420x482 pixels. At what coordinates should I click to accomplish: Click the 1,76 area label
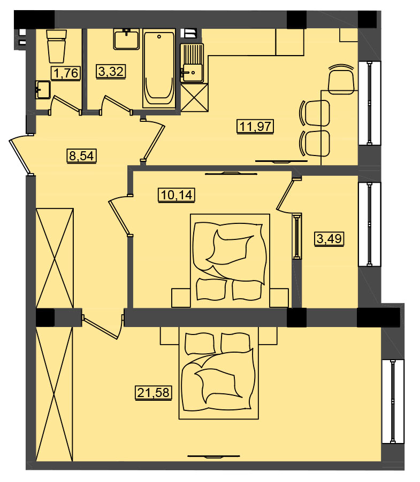(x=66, y=73)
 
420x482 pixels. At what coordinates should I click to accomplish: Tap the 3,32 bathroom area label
(x=111, y=71)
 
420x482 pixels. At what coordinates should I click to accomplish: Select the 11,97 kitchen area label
(x=255, y=126)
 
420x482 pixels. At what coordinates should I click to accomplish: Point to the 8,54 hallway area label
(x=81, y=156)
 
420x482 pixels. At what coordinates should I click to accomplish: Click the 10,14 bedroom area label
(x=177, y=195)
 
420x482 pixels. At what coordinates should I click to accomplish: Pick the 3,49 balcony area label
(x=329, y=238)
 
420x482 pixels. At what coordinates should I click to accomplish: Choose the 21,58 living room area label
(x=154, y=393)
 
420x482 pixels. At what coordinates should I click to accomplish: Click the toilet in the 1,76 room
(x=57, y=46)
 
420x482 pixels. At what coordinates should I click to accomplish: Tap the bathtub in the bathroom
(x=159, y=68)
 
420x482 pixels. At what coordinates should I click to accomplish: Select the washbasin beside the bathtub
(x=126, y=39)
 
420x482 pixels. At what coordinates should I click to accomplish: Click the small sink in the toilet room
(x=43, y=90)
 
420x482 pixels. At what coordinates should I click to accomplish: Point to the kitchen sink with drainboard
(x=192, y=63)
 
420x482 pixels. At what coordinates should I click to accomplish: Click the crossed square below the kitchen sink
(x=194, y=97)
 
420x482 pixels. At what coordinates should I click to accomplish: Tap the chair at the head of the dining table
(x=341, y=79)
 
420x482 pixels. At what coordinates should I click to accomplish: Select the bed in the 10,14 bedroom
(x=230, y=261)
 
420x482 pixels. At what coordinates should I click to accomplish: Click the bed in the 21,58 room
(x=219, y=373)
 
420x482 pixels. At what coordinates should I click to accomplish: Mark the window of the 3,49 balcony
(x=370, y=224)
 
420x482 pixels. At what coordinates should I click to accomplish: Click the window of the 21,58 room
(x=393, y=401)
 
